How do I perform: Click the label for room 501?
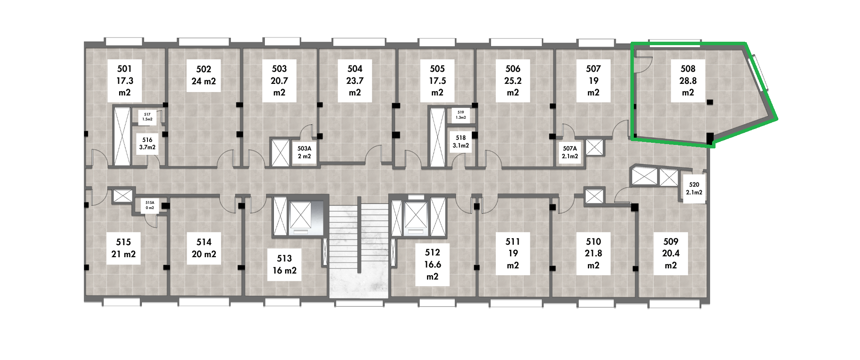(125, 81)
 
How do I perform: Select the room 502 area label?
(203, 75)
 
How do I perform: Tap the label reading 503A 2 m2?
(304, 152)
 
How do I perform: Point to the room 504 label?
(355, 81)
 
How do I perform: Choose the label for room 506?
(513, 81)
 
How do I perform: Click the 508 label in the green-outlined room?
(688, 81)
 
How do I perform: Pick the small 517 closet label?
(147, 117)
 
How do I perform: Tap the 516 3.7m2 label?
(147, 144)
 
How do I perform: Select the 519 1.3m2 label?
(461, 115)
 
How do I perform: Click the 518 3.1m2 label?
(461, 142)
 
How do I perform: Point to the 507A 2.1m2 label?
(570, 152)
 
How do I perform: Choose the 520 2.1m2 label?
(694, 188)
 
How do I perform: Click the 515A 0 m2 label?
(150, 205)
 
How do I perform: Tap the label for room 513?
(284, 265)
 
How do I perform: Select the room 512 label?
(432, 265)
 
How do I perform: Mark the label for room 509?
(671, 254)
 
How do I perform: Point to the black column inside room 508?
(710, 102)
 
